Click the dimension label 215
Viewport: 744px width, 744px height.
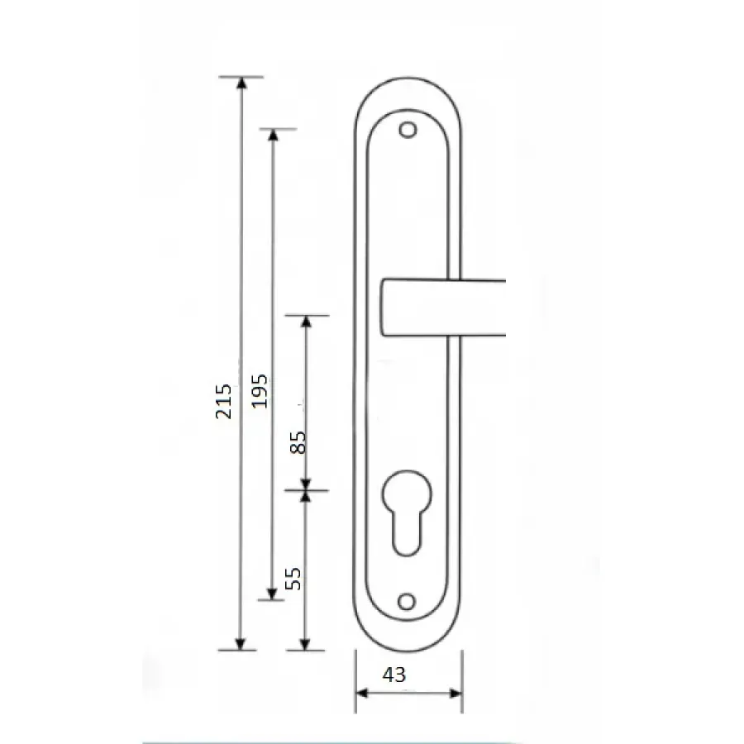pyautogui.click(x=223, y=402)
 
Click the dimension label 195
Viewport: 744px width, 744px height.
pyautogui.click(x=260, y=392)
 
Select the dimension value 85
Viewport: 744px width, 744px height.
pyautogui.click(x=298, y=443)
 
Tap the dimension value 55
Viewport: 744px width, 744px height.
pyautogui.click(x=293, y=579)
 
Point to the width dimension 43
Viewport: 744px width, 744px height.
pyautogui.click(x=394, y=675)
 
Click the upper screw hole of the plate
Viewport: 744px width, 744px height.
pyautogui.click(x=408, y=130)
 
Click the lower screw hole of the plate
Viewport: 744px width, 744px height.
pyautogui.click(x=407, y=602)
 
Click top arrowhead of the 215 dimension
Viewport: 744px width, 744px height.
pyautogui.click(x=242, y=83)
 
